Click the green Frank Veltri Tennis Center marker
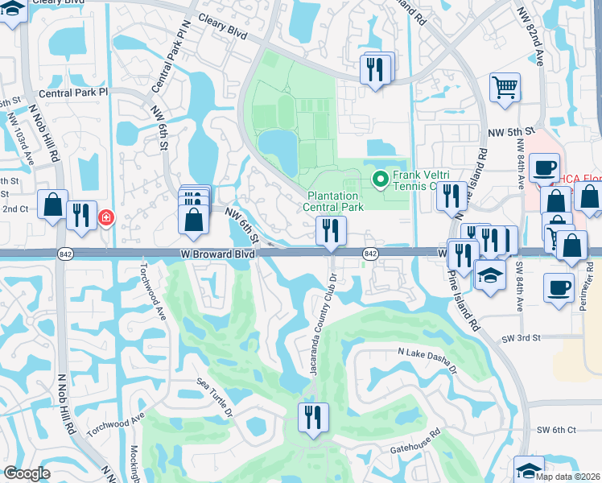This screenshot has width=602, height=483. (378, 178)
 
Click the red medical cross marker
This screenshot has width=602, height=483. (105, 218)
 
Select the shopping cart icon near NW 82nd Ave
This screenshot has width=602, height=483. (505, 87)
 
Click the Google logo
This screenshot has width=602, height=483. (26, 473)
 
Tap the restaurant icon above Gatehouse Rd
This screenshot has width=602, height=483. (311, 418)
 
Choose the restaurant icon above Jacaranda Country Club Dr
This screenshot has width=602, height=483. (330, 231)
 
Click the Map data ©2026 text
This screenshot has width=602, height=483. (568, 477)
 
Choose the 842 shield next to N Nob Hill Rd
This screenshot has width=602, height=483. (66, 254)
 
